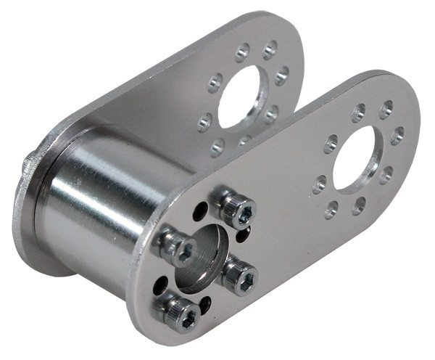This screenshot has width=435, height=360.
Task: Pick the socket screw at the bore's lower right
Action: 240,276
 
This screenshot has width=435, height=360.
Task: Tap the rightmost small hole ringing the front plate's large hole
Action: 398,135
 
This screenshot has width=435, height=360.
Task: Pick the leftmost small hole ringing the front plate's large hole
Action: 319,184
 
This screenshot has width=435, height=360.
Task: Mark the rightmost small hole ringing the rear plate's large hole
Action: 282,73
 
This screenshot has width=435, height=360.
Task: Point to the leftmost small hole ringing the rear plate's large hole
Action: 204,122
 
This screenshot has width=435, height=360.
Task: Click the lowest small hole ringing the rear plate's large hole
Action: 217,149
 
